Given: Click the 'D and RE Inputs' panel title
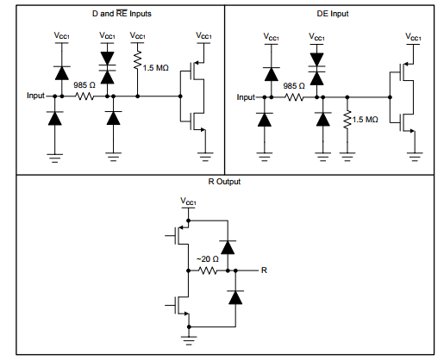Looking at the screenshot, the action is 122,14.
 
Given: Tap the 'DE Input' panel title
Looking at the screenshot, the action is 333,14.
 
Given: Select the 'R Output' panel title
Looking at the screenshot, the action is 224,182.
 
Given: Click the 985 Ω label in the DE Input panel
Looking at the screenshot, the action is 294,86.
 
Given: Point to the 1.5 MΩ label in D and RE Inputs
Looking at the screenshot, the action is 155,68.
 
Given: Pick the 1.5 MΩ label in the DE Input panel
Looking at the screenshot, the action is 365,120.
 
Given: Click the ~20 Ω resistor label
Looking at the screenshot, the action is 208,259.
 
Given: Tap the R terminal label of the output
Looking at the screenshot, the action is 264,270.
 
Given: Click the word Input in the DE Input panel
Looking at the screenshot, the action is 246,97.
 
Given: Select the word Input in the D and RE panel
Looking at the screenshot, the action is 35,96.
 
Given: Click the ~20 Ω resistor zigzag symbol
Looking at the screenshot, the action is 208,270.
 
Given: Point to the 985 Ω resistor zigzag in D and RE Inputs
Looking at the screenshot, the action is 84,96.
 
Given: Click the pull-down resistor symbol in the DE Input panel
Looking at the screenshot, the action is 347,119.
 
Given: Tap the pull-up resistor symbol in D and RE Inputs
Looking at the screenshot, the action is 137,60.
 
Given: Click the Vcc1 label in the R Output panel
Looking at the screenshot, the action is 188,202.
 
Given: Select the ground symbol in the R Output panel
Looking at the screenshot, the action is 189,340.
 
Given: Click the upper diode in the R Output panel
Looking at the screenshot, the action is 228,247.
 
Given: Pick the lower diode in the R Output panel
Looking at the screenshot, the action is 235,297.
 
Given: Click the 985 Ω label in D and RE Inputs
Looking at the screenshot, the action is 84,85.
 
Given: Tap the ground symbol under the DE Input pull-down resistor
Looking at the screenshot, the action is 347,157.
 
